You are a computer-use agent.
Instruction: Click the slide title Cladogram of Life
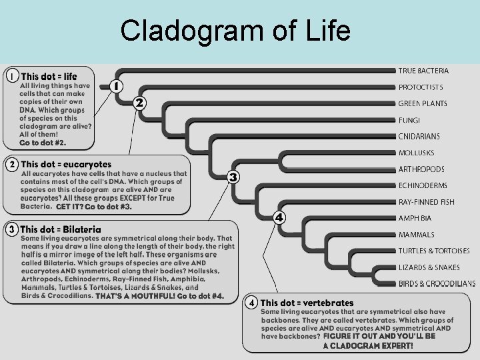coord(235,30)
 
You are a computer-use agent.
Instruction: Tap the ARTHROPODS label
coord(431,169)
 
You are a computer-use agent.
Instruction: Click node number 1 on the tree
coord(116,86)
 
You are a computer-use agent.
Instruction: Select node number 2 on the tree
coord(139,103)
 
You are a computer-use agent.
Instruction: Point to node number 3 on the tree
coord(233,177)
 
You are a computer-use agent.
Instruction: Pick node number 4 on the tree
coord(279,217)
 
